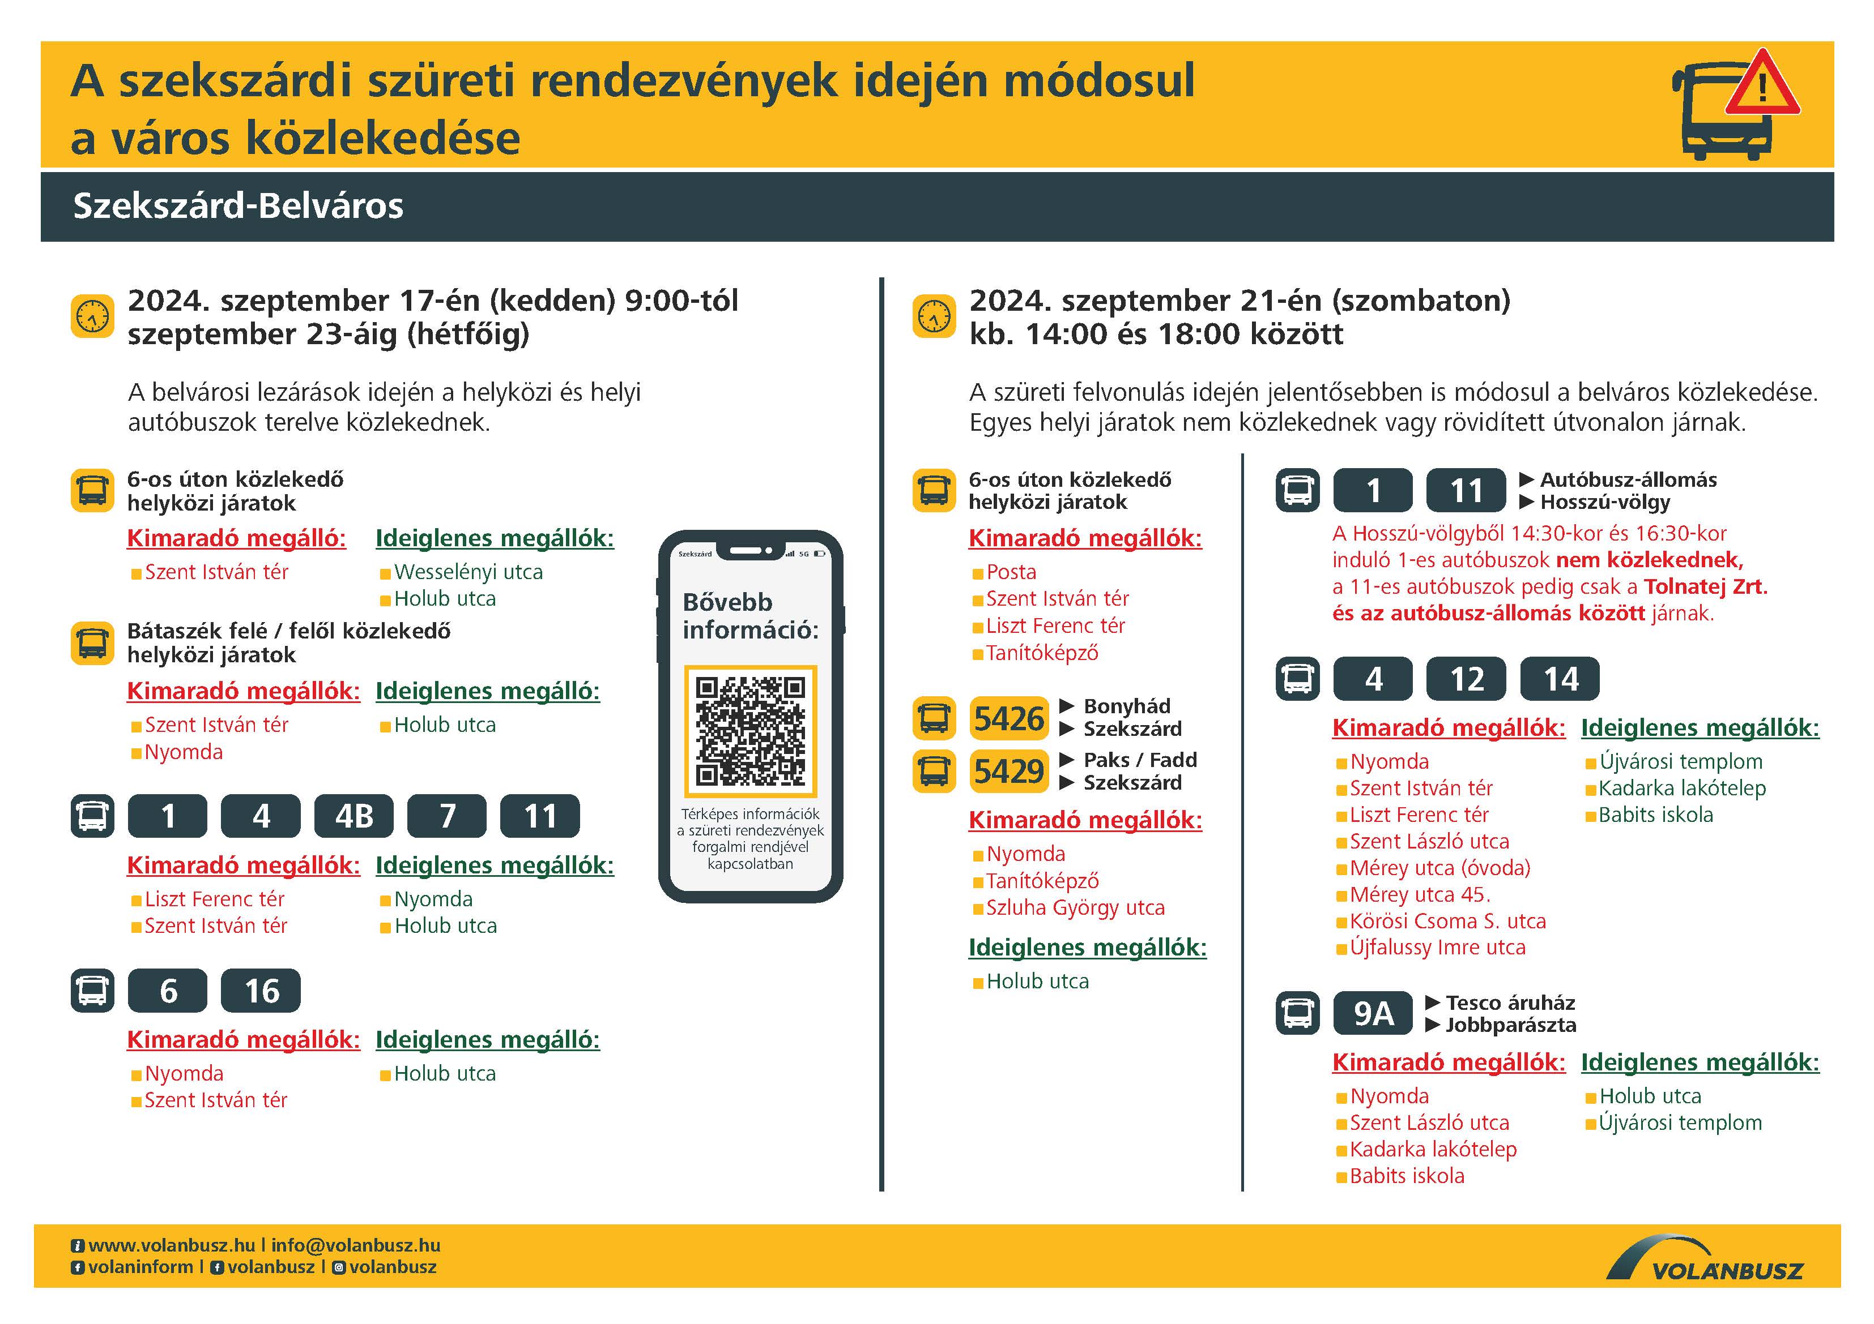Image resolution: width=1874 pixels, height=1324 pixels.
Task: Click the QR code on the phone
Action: (x=750, y=730)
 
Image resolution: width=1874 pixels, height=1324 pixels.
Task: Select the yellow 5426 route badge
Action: (x=1009, y=719)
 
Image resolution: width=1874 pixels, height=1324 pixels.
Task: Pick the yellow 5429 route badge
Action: (x=1009, y=771)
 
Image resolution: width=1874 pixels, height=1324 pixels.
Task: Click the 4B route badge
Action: (x=354, y=816)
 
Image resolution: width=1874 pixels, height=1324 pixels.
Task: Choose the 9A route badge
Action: (x=1373, y=1013)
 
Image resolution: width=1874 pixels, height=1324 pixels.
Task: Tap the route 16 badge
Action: (x=261, y=991)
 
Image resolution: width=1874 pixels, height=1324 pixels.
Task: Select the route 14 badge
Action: (x=1560, y=679)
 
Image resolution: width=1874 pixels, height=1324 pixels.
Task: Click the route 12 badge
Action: (x=1466, y=679)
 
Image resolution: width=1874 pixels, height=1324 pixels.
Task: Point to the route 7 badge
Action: (x=448, y=816)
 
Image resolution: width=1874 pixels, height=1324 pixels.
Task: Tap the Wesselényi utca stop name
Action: (x=468, y=572)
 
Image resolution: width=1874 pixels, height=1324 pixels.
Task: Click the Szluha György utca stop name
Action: (x=1075, y=907)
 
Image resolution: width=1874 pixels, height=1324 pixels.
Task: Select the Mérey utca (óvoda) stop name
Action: (x=1440, y=867)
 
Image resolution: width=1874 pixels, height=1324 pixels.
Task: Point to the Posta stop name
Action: (x=1011, y=572)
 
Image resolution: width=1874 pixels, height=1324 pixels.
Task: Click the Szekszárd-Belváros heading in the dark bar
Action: (x=238, y=205)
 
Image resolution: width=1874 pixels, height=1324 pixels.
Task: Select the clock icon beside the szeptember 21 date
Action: (x=934, y=316)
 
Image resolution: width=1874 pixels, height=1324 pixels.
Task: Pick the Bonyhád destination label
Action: (x=1126, y=706)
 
